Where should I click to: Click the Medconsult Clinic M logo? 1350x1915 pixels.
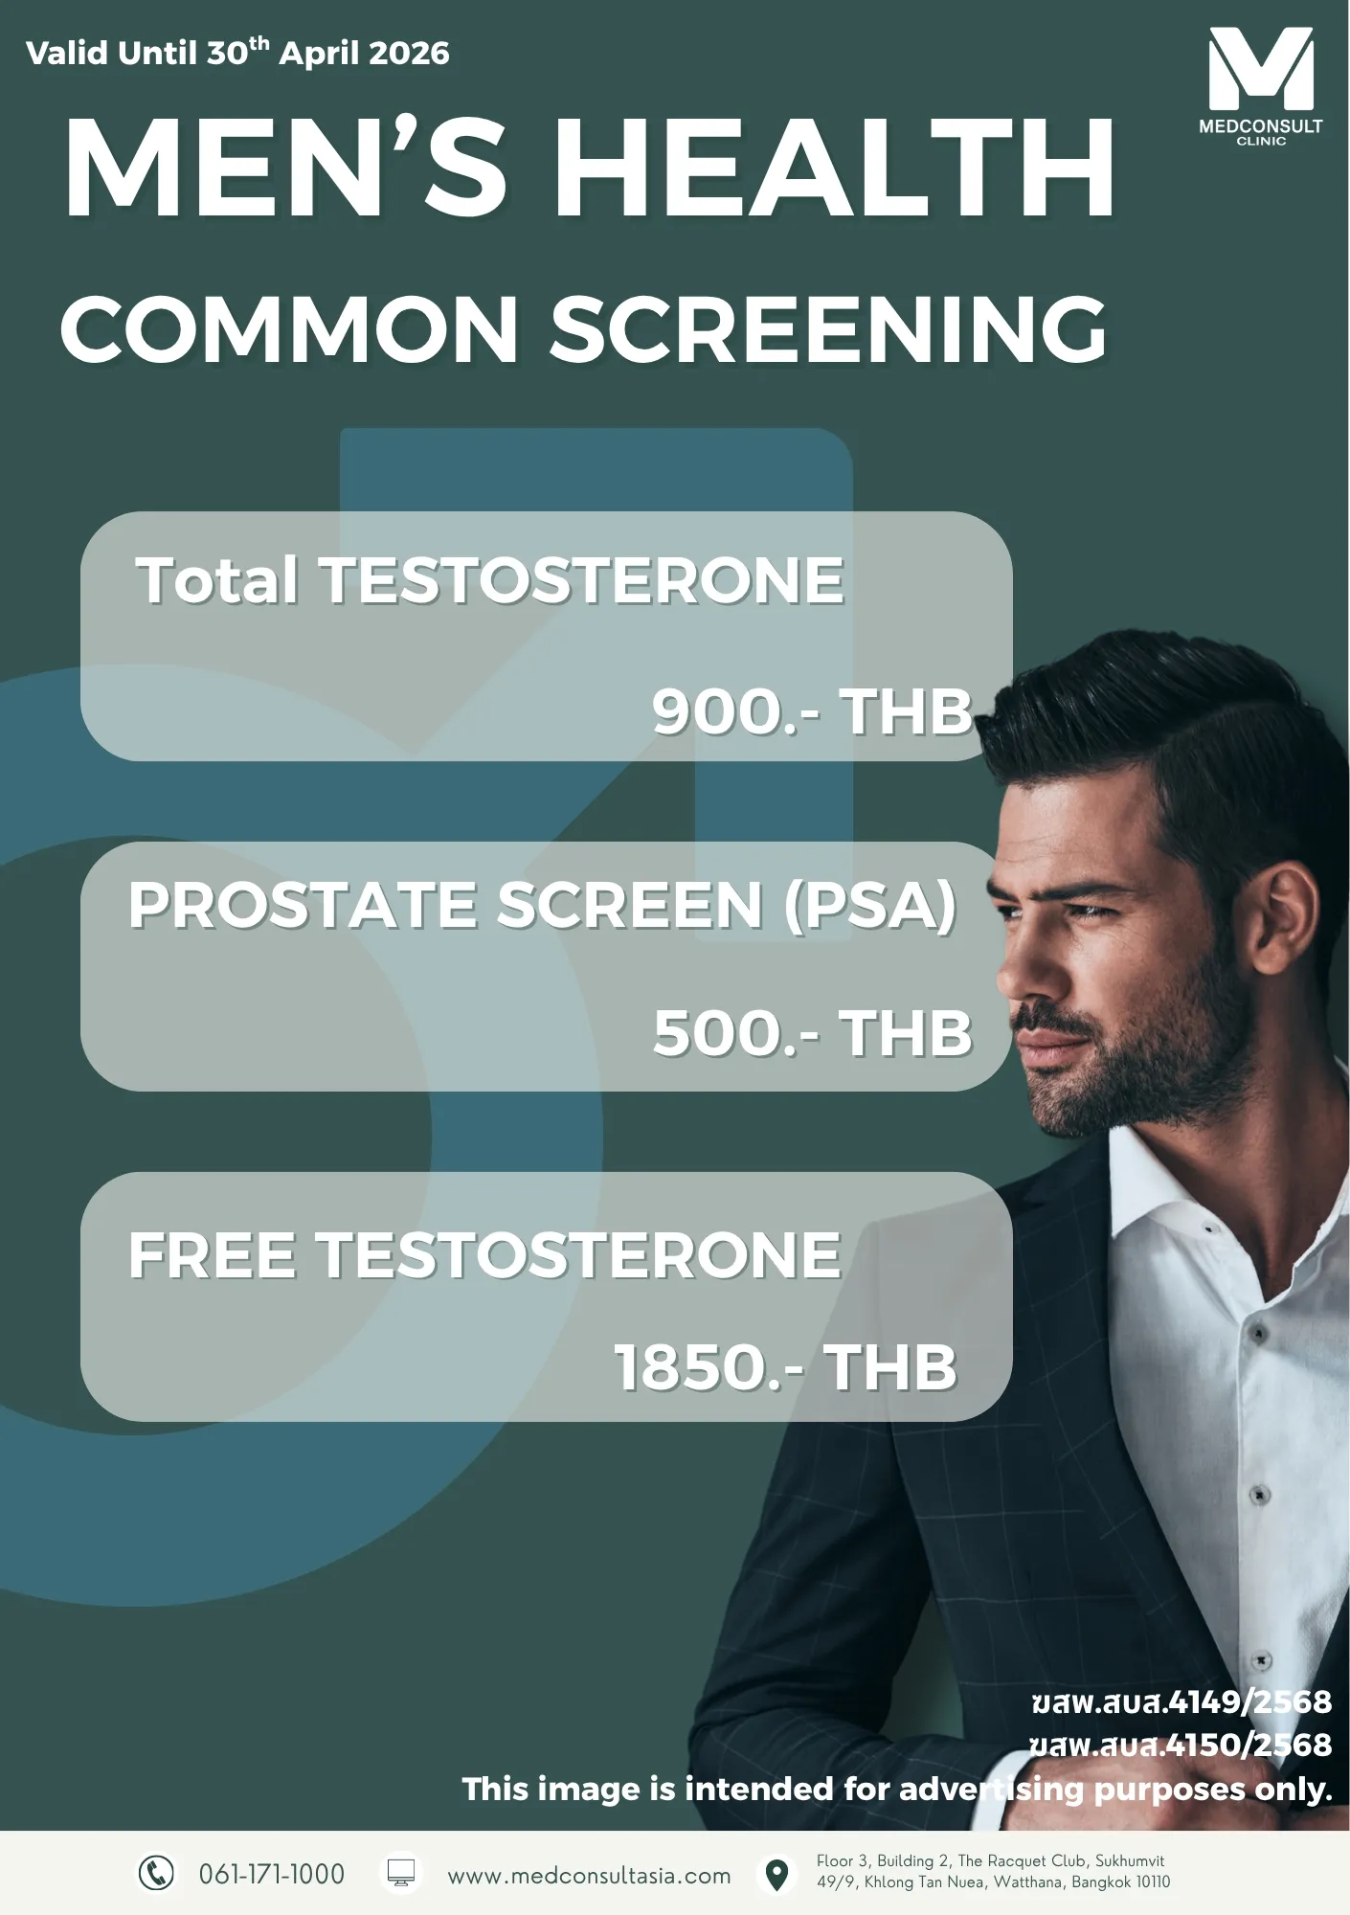click(1260, 68)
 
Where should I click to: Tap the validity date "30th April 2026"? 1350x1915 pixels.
click(328, 52)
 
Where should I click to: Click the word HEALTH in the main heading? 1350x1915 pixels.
click(834, 169)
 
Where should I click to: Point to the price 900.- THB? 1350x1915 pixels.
click(812, 712)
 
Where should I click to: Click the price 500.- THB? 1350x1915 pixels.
click(812, 1034)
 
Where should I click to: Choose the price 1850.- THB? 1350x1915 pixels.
click(785, 1367)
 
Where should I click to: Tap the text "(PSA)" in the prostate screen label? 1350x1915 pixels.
click(870, 906)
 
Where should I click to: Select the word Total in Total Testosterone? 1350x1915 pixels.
click(217, 580)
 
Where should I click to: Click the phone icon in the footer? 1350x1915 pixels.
click(156, 1872)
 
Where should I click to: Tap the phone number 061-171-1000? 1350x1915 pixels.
click(272, 1874)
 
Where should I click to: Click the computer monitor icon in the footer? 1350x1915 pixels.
click(400, 1873)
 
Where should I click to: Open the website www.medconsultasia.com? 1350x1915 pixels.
click(589, 1876)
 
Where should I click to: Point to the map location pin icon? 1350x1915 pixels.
click(776, 1875)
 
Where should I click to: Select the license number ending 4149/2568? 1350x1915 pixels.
click(1181, 1701)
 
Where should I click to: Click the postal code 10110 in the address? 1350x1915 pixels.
click(1153, 1882)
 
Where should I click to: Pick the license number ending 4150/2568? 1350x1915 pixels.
click(1181, 1745)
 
